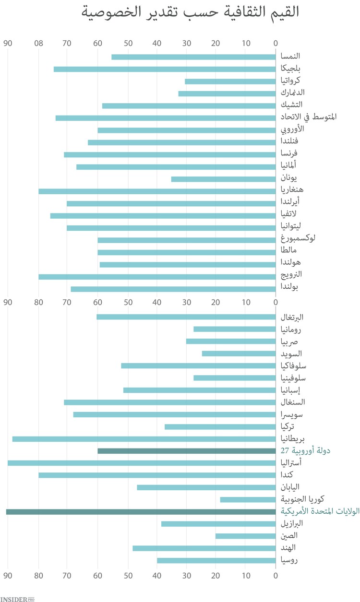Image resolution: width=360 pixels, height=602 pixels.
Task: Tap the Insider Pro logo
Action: pos(17,599)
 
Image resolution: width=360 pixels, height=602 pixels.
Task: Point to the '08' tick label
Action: pos(38,44)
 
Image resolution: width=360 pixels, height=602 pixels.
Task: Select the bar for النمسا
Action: pos(193,57)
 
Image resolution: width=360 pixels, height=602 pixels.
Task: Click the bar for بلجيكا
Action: pos(165,69)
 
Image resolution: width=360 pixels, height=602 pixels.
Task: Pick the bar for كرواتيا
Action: pos(230,81)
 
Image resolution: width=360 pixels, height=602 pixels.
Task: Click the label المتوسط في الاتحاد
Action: pos(308,117)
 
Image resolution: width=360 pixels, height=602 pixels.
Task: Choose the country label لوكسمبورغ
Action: pos(298,238)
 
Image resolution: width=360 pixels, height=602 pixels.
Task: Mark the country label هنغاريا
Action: pos(292,189)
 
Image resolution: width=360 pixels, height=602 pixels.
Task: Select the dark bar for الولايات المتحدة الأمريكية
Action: pos(141,512)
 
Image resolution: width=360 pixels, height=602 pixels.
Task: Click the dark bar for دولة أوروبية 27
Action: pos(186,451)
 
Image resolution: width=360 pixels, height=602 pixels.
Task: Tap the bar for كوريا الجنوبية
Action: pos(248,500)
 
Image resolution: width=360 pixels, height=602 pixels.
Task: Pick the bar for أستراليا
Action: pos(142,463)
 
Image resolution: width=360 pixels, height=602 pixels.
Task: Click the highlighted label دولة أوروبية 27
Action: pos(305,451)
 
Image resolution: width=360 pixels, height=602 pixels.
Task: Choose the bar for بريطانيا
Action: pos(144,439)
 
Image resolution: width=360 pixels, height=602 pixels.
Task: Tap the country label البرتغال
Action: pos(292,317)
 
